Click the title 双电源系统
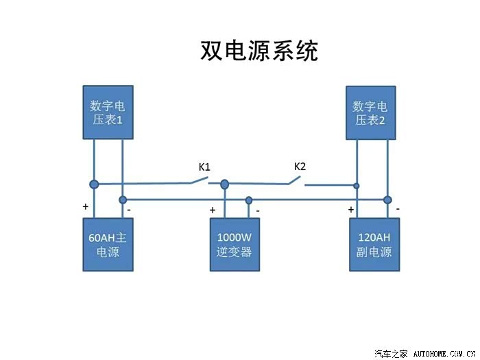click(259, 51)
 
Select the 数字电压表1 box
click(107, 112)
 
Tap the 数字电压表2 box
click(370, 112)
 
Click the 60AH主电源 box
click(108, 245)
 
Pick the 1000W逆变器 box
click(235, 245)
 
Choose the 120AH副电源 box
click(374, 245)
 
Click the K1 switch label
click(204, 167)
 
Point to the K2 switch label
click(300, 166)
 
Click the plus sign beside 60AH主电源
click(86, 206)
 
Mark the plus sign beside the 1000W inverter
click(213, 210)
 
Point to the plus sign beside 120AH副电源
click(351, 209)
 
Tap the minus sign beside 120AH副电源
click(398, 208)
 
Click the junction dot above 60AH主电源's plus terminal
click(94, 184)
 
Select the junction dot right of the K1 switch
click(224, 184)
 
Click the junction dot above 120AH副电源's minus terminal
click(387, 200)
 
